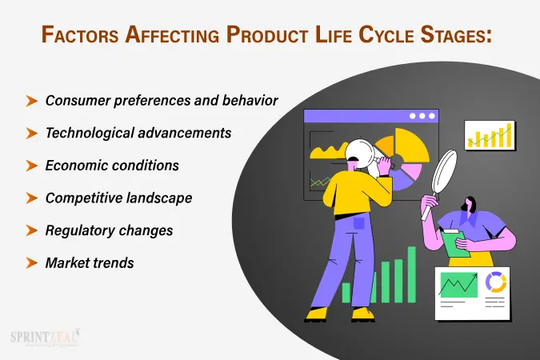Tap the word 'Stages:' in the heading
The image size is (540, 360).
456,35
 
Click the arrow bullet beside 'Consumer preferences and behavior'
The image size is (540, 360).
32,101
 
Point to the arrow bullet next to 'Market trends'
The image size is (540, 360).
32,262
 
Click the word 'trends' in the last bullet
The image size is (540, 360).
115,262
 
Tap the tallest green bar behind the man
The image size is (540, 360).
412,274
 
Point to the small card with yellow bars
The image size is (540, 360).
490,136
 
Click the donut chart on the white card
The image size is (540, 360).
496,283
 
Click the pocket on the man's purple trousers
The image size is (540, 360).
358,225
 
